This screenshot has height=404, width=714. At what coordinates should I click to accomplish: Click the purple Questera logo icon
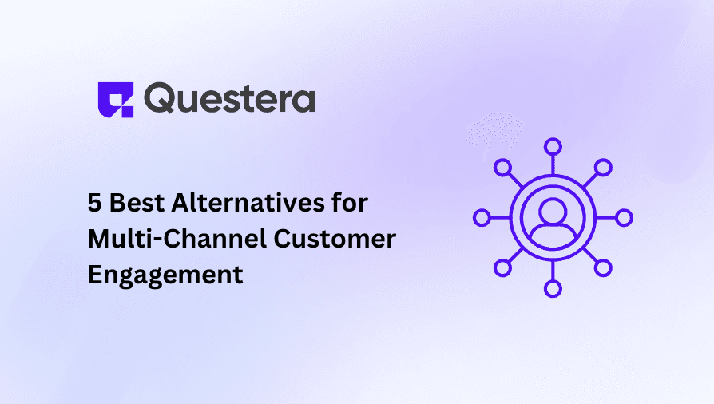pos(115,100)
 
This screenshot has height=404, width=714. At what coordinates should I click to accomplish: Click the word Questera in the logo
pos(230,99)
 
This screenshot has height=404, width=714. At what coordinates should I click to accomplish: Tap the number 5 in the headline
pos(94,203)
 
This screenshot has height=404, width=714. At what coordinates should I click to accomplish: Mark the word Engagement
pos(165,275)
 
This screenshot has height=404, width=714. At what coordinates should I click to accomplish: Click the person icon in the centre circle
pos(553,219)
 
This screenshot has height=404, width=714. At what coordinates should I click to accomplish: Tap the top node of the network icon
pos(553,147)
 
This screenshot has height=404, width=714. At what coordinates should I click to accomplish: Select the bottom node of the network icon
pos(553,289)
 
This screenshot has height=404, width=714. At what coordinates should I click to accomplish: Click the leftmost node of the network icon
pos(482,218)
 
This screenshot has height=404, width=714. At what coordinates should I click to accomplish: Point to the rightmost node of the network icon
pos(624,218)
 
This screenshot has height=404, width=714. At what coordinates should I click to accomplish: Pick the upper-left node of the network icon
pos(502,168)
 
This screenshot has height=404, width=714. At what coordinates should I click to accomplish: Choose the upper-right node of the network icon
pos(603,168)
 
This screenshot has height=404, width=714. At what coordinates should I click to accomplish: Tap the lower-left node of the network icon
pos(502,268)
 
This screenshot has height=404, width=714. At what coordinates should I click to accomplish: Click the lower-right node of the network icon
pos(603,268)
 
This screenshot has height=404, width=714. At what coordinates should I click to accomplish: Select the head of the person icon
pos(553,210)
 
